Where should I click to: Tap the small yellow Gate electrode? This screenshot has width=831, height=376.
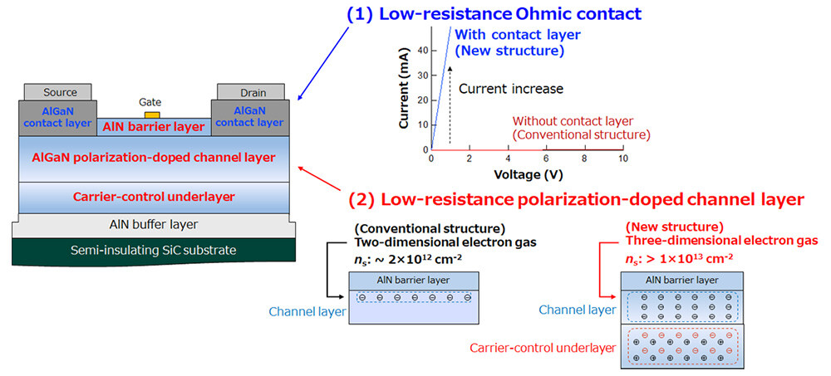coord(151,114)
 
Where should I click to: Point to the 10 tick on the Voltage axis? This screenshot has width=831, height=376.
coord(622,159)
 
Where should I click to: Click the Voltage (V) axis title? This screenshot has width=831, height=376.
coord(526,174)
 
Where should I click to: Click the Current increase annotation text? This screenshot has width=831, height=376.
coord(510,89)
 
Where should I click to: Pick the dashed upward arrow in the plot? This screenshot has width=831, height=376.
coord(450,104)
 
